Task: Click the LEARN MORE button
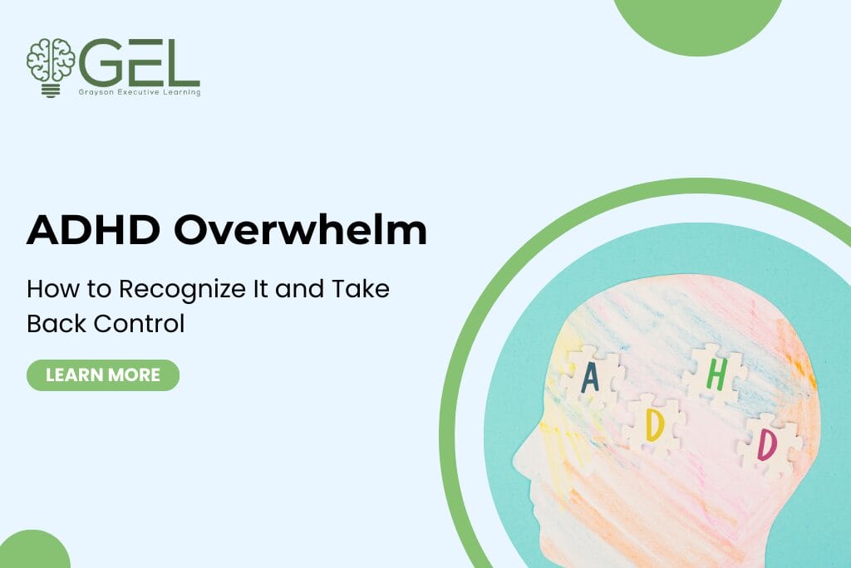(103, 375)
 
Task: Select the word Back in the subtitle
(53, 323)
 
